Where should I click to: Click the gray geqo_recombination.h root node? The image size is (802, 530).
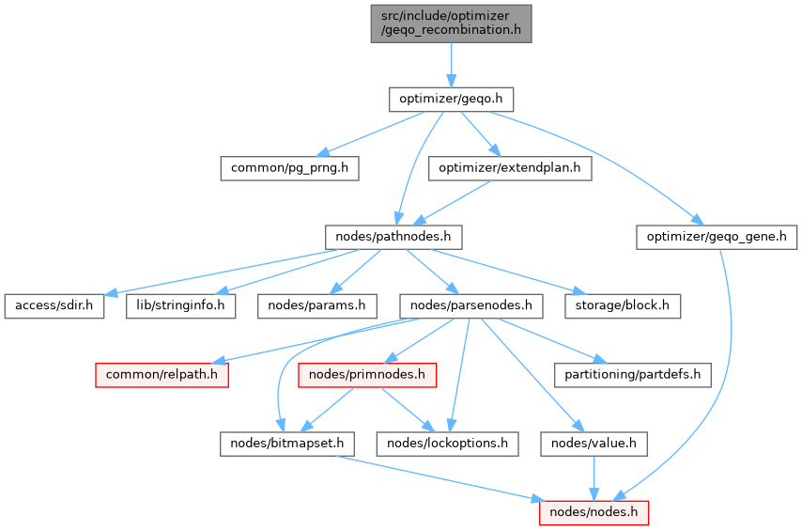451,23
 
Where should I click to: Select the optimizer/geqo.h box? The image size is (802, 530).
451,99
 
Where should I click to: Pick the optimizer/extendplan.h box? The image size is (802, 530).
510,168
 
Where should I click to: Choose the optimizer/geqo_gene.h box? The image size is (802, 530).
717,237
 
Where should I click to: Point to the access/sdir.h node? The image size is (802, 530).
54,305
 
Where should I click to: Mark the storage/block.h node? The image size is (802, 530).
622,305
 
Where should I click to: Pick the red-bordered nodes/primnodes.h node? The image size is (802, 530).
368,374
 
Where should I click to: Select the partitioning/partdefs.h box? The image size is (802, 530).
631,374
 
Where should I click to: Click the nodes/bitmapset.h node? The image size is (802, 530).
280,443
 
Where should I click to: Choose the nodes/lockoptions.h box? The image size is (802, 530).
446,443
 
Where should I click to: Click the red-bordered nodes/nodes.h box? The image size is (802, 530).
594,512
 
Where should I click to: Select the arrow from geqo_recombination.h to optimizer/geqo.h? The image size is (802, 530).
451,64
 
